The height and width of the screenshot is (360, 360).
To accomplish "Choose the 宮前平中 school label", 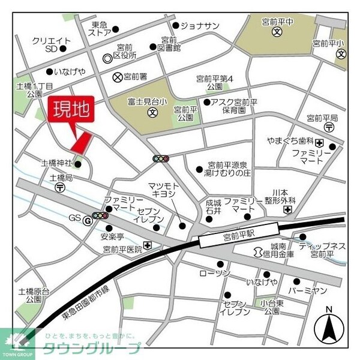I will [277, 22].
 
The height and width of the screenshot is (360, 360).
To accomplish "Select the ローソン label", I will [215, 274].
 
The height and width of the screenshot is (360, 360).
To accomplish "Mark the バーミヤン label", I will [307, 291].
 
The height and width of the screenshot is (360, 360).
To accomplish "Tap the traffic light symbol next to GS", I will [100, 215].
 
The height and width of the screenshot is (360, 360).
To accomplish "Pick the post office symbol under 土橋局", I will [61, 187].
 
